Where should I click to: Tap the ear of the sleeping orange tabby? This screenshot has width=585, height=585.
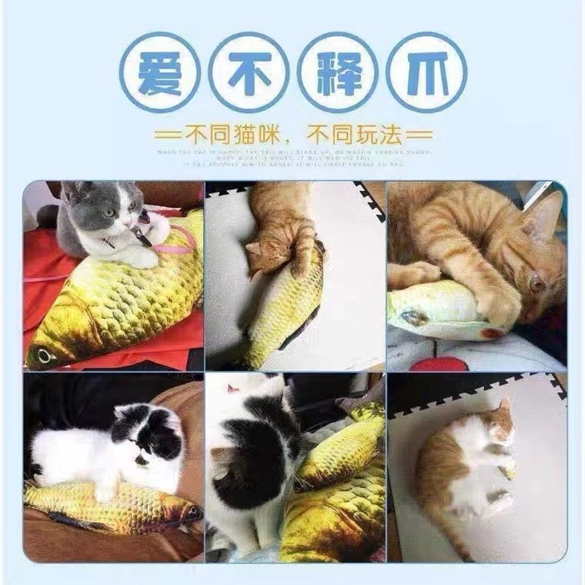pyautogui.click(x=548, y=212)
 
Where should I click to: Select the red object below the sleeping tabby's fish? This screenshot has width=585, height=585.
pyautogui.click(x=439, y=363)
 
